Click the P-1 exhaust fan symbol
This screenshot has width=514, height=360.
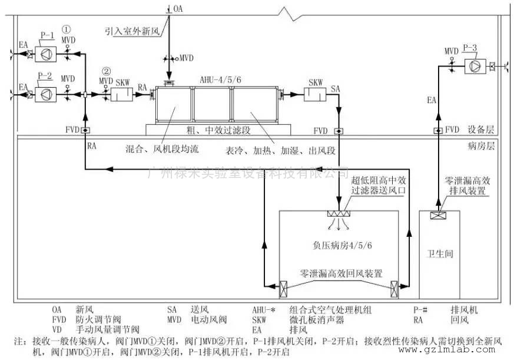pyautogui.click(x=45, y=54)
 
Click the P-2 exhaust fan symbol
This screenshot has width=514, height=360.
pyautogui.click(x=45, y=94)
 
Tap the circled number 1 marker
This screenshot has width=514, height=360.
pyautogui.click(x=67, y=28)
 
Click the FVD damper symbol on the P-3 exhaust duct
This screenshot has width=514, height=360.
pyautogui.click(x=437, y=130)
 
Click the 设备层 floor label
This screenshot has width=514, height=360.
pyautogui.click(x=481, y=130)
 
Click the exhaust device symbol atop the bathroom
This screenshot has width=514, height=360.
pyautogui.click(x=437, y=216)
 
